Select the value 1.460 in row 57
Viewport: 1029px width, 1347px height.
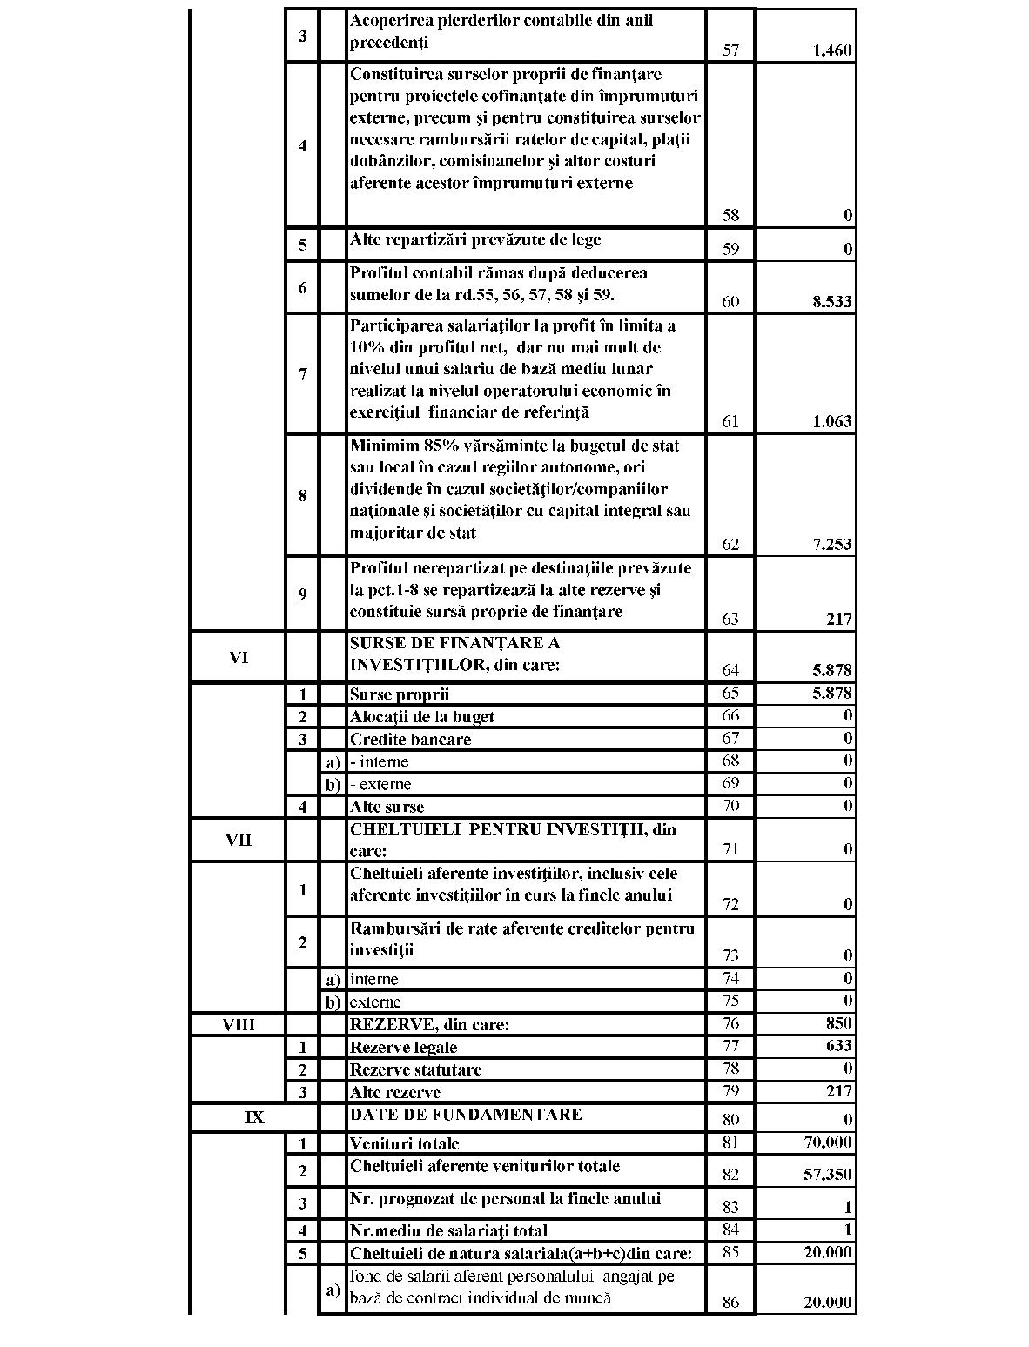(x=832, y=50)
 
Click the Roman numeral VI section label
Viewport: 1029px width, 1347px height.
(x=239, y=658)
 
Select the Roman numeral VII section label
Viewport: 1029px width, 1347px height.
(x=239, y=841)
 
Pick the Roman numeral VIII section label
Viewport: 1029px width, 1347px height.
(x=239, y=1024)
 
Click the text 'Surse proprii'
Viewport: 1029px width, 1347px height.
(x=400, y=694)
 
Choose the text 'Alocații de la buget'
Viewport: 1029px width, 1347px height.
(x=421, y=717)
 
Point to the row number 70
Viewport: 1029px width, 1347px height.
(x=730, y=806)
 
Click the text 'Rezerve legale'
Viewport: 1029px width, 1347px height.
(x=403, y=1047)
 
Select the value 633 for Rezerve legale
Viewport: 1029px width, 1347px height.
(x=839, y=1045)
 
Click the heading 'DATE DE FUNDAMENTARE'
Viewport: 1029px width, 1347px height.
(x=466, y=1115)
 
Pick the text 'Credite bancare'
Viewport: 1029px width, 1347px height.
(x=410, y=740)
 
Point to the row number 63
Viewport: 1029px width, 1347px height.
(x=730, y=620)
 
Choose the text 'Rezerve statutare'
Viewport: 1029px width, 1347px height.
(x=415, y=1069)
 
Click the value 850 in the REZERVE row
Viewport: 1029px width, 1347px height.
(x=839, y=1023)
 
